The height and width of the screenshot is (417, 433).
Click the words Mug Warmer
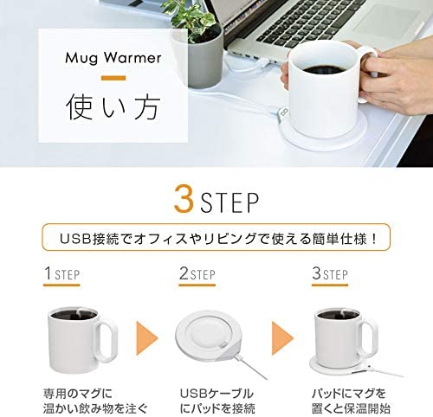[113, 58]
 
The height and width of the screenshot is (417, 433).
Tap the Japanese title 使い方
[113, 107]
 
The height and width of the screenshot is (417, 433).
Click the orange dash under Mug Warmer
[113, 78]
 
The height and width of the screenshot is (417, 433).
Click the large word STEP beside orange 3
[229, 202]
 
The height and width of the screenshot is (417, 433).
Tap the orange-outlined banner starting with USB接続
[216, 237]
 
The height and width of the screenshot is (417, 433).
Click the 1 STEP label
[61, 273]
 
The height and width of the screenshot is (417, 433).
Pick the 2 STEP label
[197, 273]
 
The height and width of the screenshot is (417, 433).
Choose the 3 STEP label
[330, 273]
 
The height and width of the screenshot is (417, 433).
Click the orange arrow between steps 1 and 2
[146, 338]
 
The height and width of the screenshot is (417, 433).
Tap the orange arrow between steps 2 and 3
[282, 338]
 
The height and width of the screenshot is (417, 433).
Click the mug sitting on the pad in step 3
[345, 336]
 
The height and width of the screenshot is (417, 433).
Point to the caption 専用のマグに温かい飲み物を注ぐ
[95, 401]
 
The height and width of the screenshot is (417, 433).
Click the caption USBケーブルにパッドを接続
[216, 401]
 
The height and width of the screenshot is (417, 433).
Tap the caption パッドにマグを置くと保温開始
[351, 401]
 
